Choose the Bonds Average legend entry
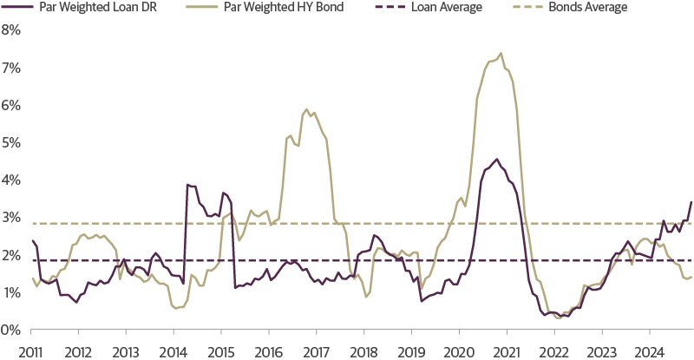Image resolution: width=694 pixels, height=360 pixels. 586,7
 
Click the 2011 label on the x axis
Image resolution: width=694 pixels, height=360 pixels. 31,352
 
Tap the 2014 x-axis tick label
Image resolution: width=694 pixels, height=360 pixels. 173,352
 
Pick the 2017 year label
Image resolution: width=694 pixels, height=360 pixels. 316,352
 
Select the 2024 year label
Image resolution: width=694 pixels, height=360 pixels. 648,352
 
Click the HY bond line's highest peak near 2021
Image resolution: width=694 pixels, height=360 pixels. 501,53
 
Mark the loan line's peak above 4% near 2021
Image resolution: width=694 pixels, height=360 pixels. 495,159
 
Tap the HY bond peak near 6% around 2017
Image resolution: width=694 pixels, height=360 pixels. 306,109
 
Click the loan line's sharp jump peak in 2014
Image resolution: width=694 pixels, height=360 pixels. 187,184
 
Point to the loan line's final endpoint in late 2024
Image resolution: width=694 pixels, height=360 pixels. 691,201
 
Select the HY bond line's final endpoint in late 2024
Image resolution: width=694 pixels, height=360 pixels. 691,278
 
